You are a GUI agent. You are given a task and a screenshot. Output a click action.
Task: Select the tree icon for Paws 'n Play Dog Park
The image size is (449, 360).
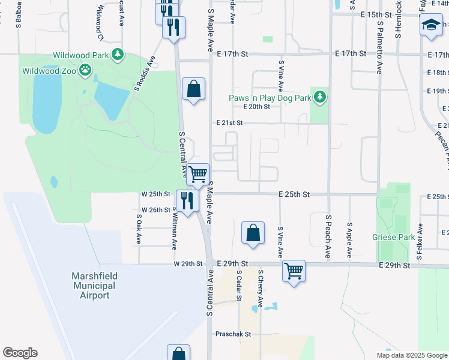coord(321,97)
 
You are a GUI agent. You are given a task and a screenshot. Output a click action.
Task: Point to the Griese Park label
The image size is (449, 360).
coord(394,238)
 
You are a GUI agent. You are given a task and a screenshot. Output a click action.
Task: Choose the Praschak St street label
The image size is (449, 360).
coord(234,334)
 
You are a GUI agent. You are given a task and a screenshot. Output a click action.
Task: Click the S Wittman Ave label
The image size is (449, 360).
coord(175,228)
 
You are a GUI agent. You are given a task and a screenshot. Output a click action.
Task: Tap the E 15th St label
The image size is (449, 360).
coord(376,14)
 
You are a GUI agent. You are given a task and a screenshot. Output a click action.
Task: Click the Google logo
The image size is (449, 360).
coord(20,353)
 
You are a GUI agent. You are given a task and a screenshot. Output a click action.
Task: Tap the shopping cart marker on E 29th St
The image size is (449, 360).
coord(294,271)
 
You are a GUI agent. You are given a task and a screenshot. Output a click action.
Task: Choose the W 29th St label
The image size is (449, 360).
coord(185,264)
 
